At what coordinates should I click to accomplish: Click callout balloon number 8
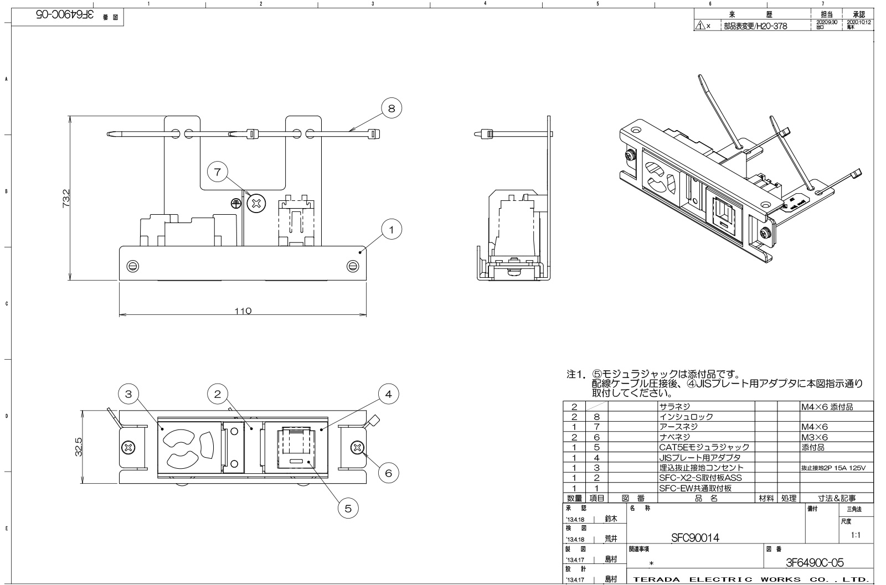click(392, 108)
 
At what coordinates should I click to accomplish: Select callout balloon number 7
click(218, 172)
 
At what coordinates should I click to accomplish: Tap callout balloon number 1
click(392, 229)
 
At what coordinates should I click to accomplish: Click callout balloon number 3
click(128, 394)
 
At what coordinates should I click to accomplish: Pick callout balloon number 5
click(348, 509)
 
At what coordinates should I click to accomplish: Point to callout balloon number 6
click(388, 473)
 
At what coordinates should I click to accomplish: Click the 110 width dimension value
click(243, 311)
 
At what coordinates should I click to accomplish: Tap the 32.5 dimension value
click(79, 447)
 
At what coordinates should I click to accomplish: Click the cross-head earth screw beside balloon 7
click(256, 204)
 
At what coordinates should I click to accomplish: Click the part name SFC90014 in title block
click(695, 537)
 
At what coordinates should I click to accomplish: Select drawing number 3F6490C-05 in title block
click(815, 563)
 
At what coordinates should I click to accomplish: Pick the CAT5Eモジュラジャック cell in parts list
click(704, 447)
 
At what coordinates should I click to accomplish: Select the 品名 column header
click(706, 498)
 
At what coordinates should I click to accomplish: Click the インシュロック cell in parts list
click(686, 417)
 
